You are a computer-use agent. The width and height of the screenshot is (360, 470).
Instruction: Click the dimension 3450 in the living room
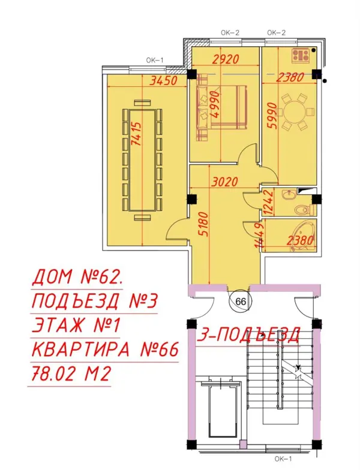(x=163, y=81)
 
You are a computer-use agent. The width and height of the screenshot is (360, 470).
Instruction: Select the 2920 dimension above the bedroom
(x=226, y=59)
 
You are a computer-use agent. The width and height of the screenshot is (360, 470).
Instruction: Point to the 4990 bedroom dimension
(x=215, y=104)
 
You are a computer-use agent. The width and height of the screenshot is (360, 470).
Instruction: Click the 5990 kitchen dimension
(x=272, y=116)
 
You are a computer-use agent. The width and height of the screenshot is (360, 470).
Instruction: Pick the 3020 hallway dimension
(x=224, y=182)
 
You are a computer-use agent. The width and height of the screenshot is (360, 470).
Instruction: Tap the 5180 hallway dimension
(x=203, y=224)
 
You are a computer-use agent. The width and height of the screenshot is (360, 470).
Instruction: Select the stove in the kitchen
(x=301, y=55)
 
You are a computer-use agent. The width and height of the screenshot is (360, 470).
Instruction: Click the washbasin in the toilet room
(x=289, y=195)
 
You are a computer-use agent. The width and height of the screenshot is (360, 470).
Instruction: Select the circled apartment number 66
(x=241, y=302)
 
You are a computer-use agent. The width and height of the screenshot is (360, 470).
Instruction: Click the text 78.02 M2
(x=71, y=374)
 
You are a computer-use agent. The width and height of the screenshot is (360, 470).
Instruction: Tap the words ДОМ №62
(x=77, y=277)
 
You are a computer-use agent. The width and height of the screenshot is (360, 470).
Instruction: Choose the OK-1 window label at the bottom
(x=283, y=459)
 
